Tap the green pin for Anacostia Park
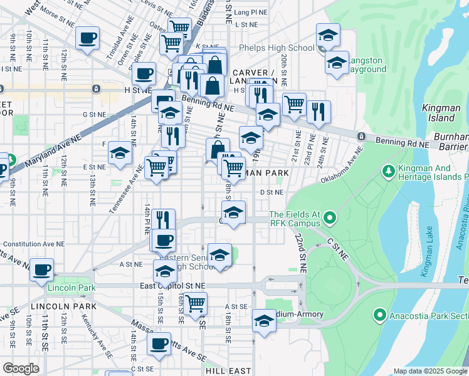click(379, 315)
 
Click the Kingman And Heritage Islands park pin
click(388, 170)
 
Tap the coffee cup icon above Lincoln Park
click(43, 270)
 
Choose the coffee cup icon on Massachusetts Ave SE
click(159, 343)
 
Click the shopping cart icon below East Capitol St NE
click(196, 303)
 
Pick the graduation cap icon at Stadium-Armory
click(264, 321)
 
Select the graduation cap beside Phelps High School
click(327, 35)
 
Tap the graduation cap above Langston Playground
click(337, 63)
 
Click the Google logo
click(21, 368)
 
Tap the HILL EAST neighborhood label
click(228, 371)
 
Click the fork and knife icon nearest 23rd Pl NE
click(319, 112)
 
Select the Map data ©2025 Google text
click(431, 371)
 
